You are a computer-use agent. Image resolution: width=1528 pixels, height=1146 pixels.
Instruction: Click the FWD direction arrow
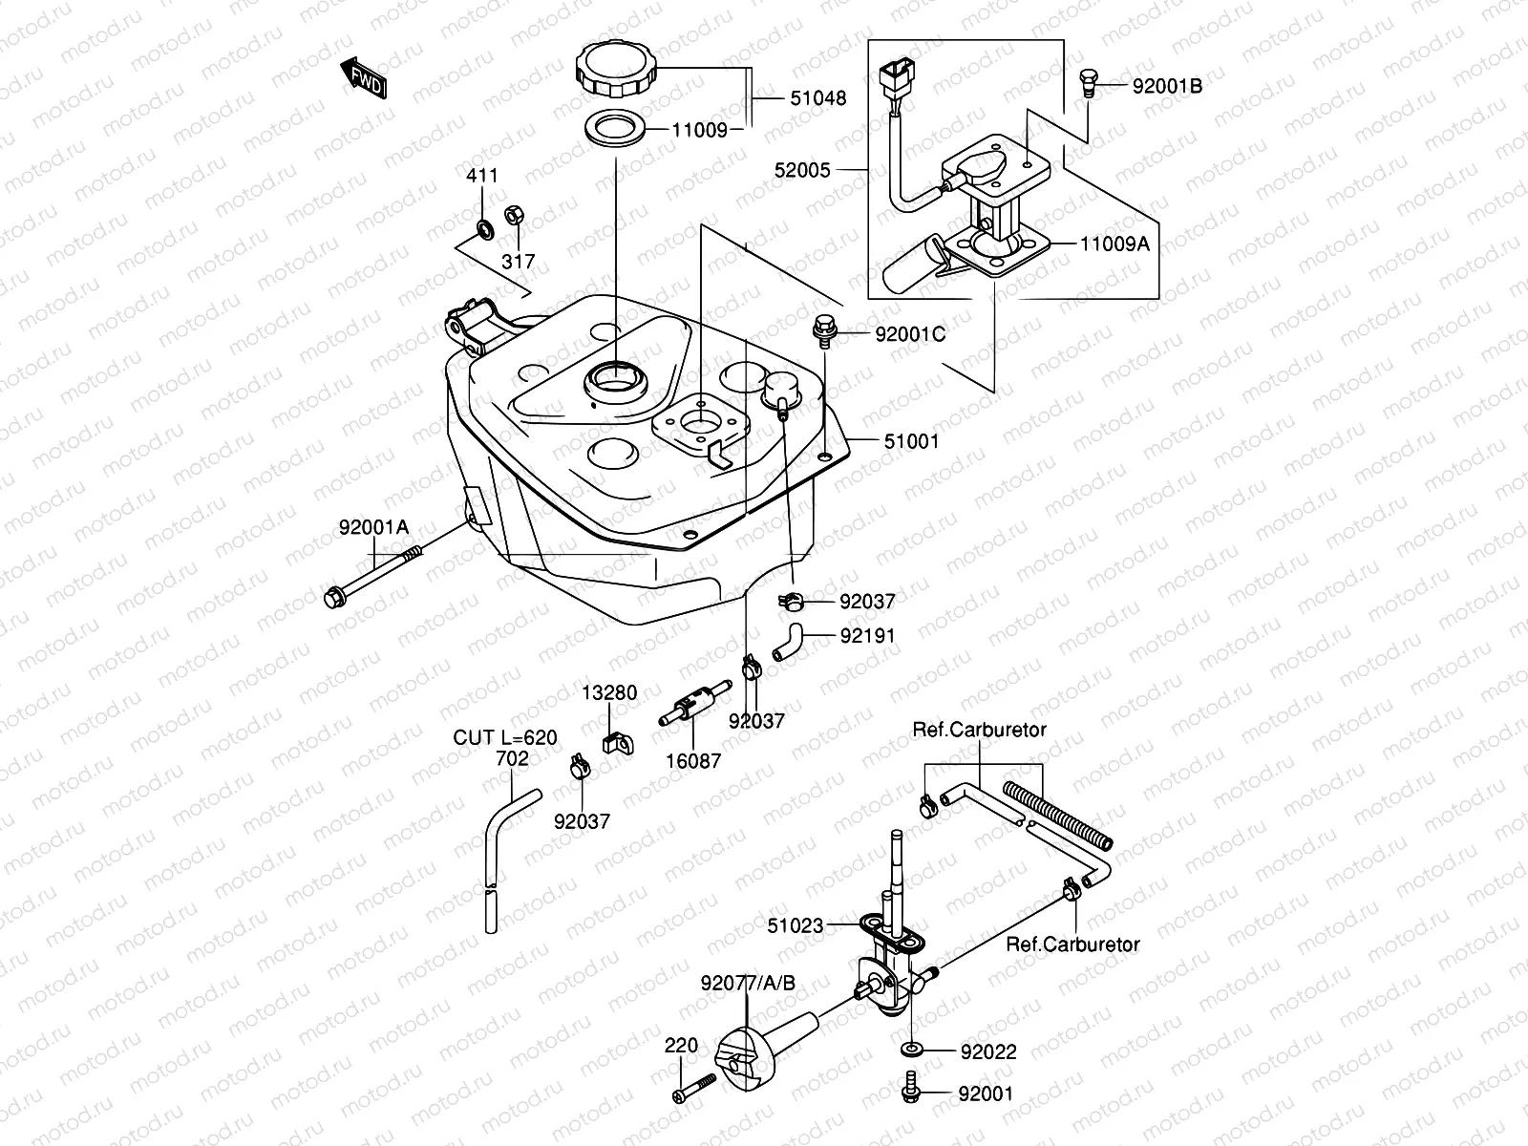[364, 78]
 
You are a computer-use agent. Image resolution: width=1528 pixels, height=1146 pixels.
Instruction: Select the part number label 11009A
[1114, 244]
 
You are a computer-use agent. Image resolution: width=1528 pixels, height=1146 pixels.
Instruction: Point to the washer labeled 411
[484, 227]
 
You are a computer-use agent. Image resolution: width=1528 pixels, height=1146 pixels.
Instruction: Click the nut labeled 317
[511, 217]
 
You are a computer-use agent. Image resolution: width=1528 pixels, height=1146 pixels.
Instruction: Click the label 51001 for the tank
[910, 441]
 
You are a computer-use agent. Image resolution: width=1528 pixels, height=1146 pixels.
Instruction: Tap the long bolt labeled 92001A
[372, 577]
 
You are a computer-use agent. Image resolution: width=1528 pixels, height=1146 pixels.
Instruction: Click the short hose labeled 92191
[789, 640]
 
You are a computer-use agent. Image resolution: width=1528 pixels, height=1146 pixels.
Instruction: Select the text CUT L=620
[505, 737]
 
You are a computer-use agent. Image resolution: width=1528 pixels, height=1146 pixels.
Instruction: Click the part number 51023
[796, 924]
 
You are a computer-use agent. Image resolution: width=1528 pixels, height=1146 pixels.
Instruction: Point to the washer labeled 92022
[910, 1050]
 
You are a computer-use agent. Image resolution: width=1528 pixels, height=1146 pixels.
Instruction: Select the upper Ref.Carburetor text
[980, 730]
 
